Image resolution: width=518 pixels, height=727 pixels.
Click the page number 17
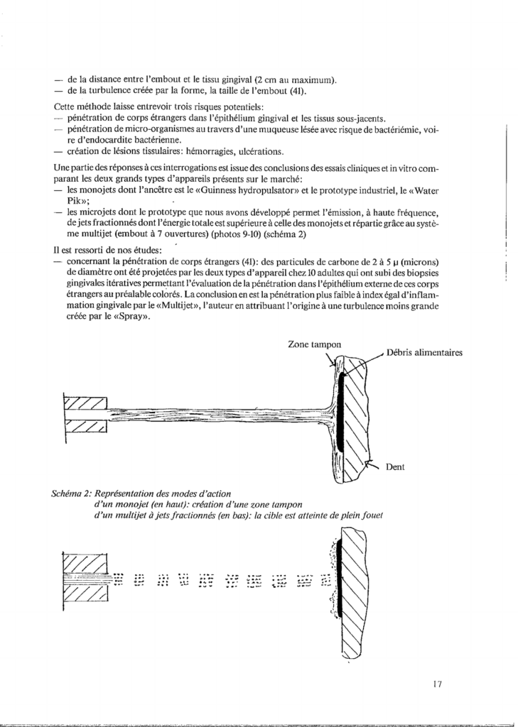[x=437, y=684]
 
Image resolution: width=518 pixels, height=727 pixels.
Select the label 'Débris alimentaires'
[x=425, y=353]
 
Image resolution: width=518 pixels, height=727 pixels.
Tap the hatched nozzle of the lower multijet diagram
[x=85, y=576]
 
